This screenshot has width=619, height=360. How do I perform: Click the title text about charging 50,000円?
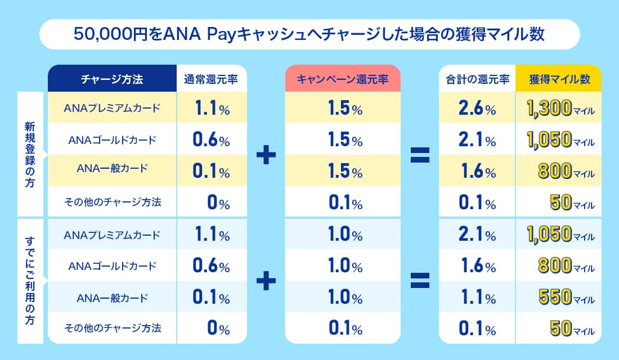309,34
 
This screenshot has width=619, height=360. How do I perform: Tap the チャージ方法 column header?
112,79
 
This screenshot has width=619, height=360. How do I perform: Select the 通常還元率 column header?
212,79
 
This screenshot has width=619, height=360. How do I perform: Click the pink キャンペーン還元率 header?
342,79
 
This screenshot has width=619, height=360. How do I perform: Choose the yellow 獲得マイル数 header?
559,79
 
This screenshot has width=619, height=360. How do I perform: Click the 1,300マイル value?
559,108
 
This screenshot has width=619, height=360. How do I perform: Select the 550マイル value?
559,296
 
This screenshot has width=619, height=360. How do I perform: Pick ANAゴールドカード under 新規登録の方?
113,139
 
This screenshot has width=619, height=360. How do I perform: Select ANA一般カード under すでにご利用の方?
113,296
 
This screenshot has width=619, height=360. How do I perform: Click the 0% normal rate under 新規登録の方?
218,202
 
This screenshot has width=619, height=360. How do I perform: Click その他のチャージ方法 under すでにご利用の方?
113,328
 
